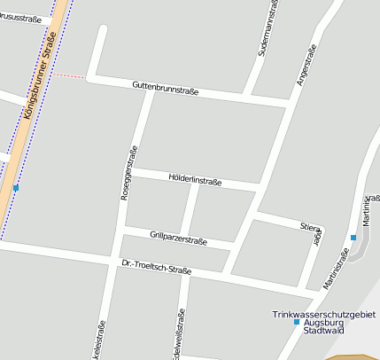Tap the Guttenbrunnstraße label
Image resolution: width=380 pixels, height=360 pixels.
tap(165, 88)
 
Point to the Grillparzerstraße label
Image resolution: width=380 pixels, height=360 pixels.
tap(178, 238)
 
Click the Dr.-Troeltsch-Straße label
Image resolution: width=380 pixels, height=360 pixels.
tap(157, 266)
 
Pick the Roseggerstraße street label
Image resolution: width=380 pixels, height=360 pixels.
tap(128, 171)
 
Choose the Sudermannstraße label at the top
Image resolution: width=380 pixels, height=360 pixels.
tap(268, 28)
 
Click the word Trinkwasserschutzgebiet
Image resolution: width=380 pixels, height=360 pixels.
tap(324, 314)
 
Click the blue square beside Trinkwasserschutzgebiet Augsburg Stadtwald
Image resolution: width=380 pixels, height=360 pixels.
tap(297, 322)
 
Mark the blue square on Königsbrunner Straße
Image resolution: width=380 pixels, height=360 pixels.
tap(16, 188)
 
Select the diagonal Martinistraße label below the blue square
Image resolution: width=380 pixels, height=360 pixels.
tap(336, 268)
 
